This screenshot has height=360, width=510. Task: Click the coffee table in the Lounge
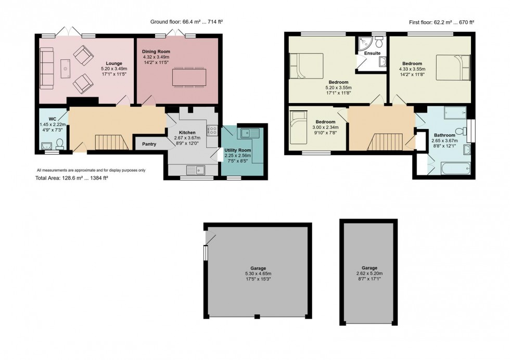click(65, 67)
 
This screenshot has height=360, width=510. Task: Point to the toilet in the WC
click(60, 144)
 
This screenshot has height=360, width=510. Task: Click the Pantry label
click(149, 144)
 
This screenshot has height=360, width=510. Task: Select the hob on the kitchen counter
click(212, 131)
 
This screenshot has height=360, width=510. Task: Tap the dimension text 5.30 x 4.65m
click(258, 274)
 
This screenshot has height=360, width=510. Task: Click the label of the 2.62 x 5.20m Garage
click(370, 267)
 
